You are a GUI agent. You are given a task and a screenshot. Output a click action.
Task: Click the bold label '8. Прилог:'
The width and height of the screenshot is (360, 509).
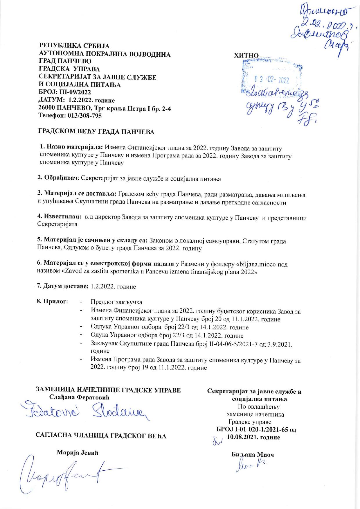pos(52,301)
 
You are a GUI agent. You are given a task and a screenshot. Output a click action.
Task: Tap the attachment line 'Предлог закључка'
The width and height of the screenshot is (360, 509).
pos(116,302)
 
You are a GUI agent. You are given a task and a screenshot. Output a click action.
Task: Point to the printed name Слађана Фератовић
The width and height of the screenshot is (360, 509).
pos(80,397)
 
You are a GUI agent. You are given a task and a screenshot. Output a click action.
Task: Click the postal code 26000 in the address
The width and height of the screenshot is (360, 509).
pos(48,108)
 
